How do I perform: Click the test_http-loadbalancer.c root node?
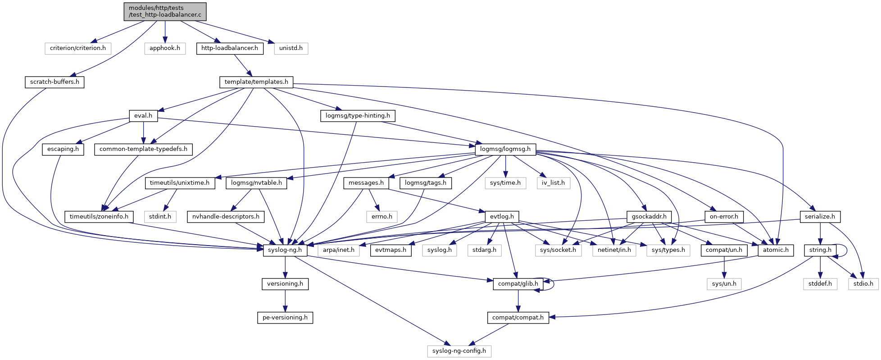tap(165, 11)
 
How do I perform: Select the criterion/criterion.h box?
tap(78, 48)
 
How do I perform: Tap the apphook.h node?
tap(165, 48)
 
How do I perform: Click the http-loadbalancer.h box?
tap(230, 48)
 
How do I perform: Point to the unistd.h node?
tap(291, 48)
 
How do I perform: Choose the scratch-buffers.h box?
tap(54, 82)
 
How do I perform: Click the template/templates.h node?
tap(256, 82)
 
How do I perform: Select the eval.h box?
tap(143, 116)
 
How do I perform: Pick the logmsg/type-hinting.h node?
tap(358, 116)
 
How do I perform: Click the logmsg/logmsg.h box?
tap(505, 149)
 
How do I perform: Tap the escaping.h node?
tap(63, 149)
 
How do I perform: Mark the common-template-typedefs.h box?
tap(143, 149)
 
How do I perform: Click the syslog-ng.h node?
tap(285, 250)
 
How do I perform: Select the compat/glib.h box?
tap(518, 284)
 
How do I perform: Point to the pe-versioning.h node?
tap(285, 318)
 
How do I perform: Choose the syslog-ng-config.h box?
tap(459, 351)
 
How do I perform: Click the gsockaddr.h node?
tap(649, 217)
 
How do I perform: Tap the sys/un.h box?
tap(724, 284)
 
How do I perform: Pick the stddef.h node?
tap(820, 284)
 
